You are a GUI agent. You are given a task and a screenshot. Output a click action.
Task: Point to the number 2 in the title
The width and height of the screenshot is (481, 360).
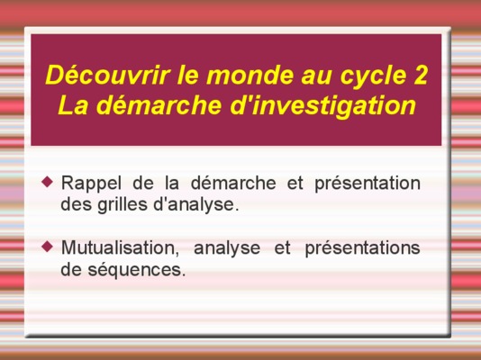pos(421,75)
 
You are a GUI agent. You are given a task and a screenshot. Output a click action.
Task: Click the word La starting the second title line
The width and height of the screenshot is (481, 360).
pos(73,104)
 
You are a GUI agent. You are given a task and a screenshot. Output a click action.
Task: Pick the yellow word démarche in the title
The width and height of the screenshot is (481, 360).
pos(160,104)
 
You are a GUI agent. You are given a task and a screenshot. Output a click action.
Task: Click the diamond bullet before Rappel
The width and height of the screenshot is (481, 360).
pos(47,182)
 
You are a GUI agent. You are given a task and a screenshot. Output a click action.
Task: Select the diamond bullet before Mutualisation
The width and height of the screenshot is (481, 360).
pos(47,247)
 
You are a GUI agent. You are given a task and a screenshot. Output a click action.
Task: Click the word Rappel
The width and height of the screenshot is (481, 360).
pos(91,184)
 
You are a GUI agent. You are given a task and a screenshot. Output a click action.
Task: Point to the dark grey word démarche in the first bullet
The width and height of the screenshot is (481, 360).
pos(234,183)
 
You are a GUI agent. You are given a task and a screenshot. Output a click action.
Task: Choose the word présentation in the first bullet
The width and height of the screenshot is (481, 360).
pos(368,184)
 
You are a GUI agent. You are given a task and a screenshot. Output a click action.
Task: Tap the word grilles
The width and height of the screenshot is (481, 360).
pos(123,204)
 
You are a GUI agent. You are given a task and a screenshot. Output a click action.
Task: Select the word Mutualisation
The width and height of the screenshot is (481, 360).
pos(121,248)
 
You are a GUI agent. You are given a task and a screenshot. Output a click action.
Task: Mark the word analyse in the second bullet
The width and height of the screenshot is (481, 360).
pos(227,248)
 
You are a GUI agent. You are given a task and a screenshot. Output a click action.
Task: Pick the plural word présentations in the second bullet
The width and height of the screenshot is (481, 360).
pos(363,248)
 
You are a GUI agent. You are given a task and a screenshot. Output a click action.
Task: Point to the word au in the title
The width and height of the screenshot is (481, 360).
pos(317,77)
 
